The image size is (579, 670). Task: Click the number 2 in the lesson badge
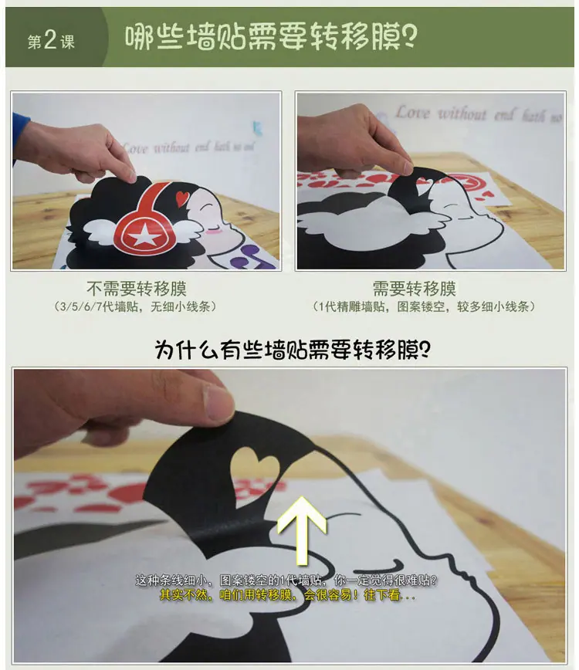pyautogui.click(x=50, y=40)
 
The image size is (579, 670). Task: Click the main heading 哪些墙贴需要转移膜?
pyautogui.click(x=271, y=37)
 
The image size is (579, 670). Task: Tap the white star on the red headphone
pyautogui.click(x=144, y=235)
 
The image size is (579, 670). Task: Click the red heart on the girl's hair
pyautogui.click(x=182, y=197)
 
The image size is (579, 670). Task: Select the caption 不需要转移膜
pyautogui.click(x=137, y=289)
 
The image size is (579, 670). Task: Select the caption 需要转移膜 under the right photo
pyautogui.click(x=414, y=289)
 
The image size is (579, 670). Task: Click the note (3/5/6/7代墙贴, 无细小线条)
pyautogui.click(x=135, y=306)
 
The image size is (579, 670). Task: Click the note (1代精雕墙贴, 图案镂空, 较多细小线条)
pyautogui.click(x=424, y=306)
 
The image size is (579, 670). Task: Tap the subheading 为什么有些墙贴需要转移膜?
pyautogui.click(x=293, y=350)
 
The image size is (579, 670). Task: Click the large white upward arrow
pyautogui.click(x=302, y=530)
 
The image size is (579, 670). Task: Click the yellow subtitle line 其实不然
pyautogui.click(x=287, y=594)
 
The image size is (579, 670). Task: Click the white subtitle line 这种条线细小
pyautogui.click(x=286, y=580)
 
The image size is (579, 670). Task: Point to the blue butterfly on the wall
pyautogui.click(x=257, y=127)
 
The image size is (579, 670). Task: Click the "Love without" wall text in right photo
pyautogui.click(x=440, y=113)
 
